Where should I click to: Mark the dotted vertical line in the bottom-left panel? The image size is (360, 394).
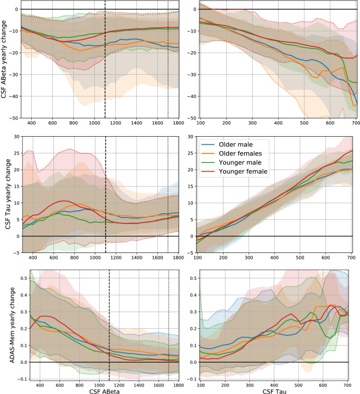pos(168,323)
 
